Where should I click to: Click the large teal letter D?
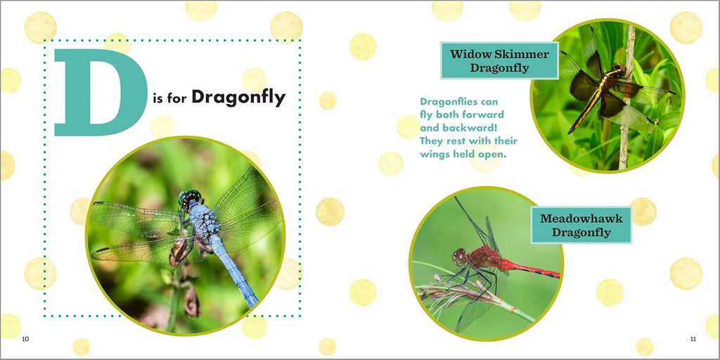(x=101, y=92)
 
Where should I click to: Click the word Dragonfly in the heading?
(x=238, y=97)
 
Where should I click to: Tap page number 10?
(x=25, y=339)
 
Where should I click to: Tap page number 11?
(x=693, y=339)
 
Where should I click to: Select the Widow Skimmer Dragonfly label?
(x=499, y=60)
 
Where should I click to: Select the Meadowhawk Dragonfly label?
(x=581, y=225)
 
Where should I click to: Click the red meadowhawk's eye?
(x=458, y=257)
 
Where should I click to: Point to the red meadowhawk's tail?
(x=529, y=269)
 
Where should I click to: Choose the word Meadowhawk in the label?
(x=581, y=218)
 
